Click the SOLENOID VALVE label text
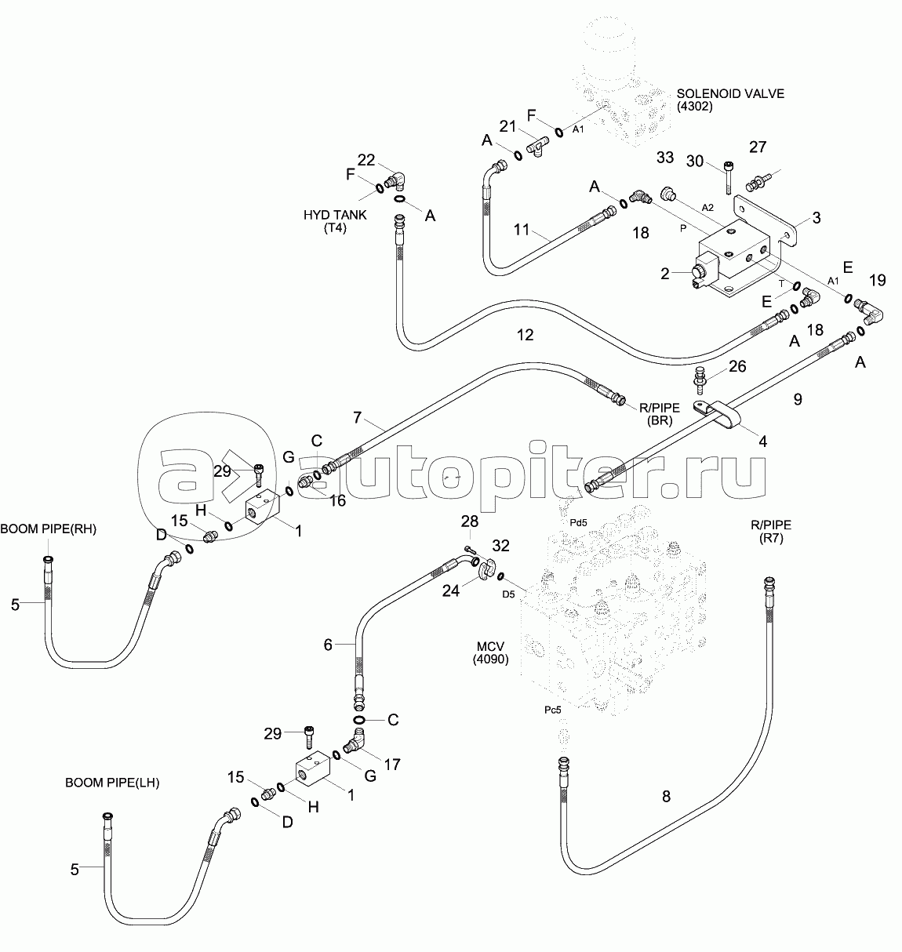pos(730,94)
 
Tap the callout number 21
pos(508,127)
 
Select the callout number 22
pos(366,160)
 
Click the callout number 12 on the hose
pos(525,335)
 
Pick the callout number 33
pos(665,158)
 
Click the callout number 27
pos(758,147)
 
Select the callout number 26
pos(737,366)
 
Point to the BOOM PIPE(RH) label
pos(48,529)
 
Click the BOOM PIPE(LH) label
pos(112,782)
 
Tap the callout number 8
pos(666,797)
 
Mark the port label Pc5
pos(554,710)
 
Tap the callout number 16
pos(336,500)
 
